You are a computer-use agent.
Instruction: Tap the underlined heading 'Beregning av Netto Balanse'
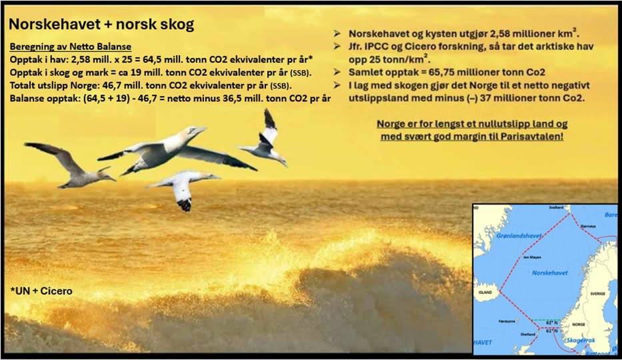[x=70, y=47]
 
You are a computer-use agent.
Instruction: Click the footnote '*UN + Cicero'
[x=41, y=291]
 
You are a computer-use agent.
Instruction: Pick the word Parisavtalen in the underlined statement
[x=531, y=137]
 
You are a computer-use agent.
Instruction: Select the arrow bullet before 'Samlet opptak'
[x=337, y=72]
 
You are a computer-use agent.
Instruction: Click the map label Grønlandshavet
[x=519, y=236]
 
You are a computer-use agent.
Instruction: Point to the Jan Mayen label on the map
[x=531, y=257]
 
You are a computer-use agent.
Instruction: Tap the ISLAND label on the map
[x=485, y=293]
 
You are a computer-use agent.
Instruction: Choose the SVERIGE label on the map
[x=597, y=294]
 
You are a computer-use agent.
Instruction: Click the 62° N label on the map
[x=552, y=323]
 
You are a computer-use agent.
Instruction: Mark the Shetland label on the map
[x=527, y=334]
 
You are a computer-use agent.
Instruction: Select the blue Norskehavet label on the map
[x=550, y=273]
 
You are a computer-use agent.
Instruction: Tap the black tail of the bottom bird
[x=184, y=205]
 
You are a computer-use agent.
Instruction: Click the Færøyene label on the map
[x=507, y=321]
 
